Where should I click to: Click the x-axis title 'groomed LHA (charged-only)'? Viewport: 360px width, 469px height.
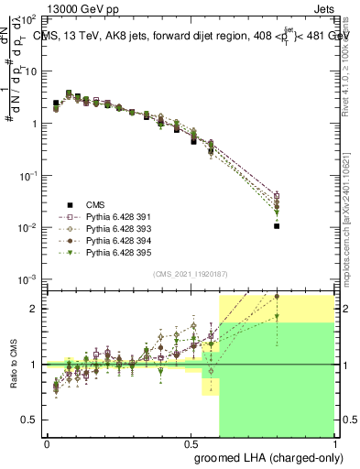264,455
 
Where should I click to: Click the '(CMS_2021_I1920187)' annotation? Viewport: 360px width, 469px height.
191,273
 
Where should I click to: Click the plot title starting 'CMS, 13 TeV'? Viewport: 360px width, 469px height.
191,38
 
